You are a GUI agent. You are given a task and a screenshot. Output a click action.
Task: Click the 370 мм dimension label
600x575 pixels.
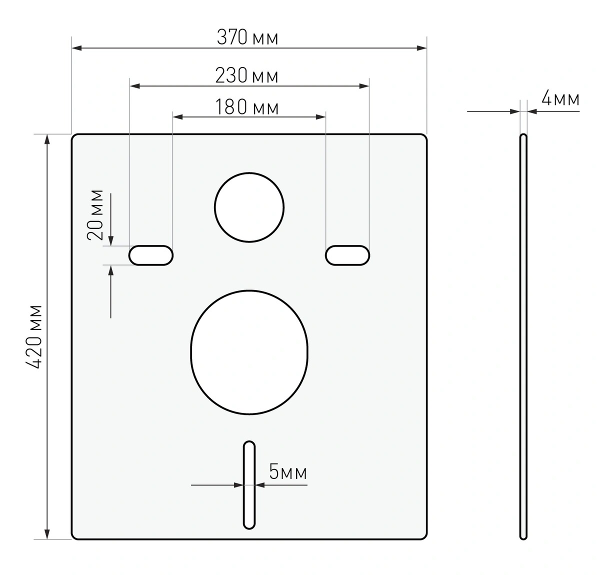tap(247, 37)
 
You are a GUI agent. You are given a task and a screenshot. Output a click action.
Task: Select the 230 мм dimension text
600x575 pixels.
tap(246, 75)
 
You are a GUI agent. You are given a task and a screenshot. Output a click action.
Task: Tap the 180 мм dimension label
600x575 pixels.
tap(247, 106)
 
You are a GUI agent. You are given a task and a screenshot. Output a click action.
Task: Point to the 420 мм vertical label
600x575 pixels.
tap(33, 336)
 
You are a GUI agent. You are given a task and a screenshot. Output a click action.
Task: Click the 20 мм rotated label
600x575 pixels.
tap(94, 214)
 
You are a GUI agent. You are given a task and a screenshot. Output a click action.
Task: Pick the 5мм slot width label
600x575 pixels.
tap(288, 471)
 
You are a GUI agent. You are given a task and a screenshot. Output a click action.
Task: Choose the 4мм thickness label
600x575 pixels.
tap(560, 98)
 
